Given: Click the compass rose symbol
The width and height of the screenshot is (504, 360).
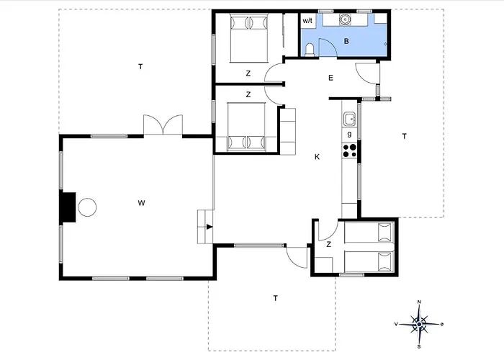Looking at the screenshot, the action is (419, 324).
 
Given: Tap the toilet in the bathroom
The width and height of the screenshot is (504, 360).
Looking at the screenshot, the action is (310, 51).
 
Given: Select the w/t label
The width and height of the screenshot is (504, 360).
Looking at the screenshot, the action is (307, 21).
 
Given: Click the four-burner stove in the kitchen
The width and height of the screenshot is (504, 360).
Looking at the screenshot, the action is (350, 150).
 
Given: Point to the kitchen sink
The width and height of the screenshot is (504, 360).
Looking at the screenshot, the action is (349, 119).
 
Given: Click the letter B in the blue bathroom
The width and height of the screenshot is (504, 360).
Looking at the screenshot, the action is (346, 41).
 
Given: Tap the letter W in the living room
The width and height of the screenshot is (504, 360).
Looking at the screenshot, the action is (141, 203).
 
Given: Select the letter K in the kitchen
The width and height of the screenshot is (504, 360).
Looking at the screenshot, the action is (318, 157).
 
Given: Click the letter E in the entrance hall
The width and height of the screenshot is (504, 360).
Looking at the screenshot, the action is (330, 78).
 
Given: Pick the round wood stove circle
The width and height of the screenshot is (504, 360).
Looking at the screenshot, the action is (87, 207).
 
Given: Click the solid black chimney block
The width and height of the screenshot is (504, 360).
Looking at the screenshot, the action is (69, 207).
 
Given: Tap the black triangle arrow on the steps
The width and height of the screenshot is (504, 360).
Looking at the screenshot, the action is (210, 227).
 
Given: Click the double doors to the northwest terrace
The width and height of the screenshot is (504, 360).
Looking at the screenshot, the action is (163, 125).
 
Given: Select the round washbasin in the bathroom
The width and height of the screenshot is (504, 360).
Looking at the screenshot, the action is (345, 19).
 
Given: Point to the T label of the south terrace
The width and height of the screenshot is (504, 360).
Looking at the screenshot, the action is (276, 298).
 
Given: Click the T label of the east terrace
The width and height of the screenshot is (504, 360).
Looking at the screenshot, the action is (405, 136).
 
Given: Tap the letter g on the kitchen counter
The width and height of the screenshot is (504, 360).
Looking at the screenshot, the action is (350, 135).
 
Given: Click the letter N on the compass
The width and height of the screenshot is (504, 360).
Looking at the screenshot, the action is (419, 302).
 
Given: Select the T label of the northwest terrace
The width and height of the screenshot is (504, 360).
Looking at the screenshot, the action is (140, 66).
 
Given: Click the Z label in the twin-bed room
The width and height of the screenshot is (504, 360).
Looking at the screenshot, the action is (328, 245).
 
